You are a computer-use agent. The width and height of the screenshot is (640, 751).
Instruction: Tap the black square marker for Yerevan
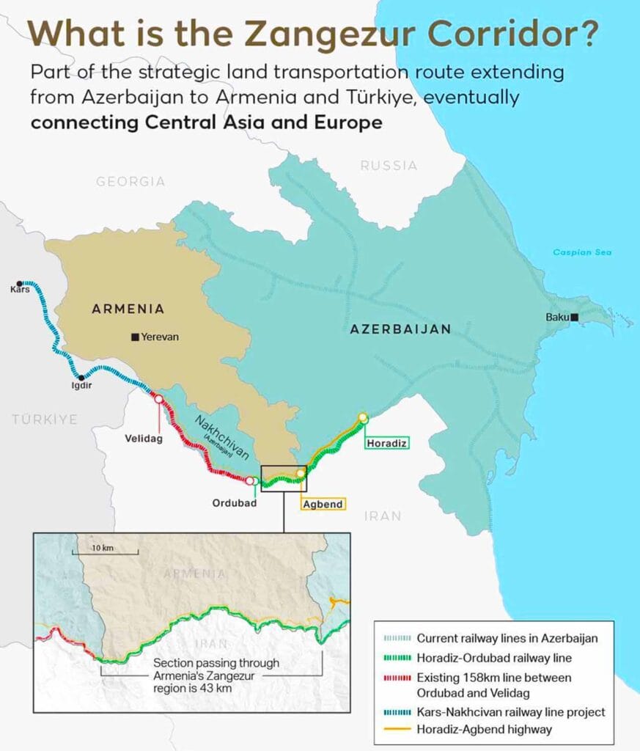coord(135,337)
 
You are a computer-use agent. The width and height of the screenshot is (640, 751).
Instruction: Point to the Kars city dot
coord(20,283)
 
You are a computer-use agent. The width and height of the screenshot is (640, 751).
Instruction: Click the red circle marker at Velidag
coord(158,398)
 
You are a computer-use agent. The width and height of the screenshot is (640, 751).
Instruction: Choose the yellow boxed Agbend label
coord(323,504)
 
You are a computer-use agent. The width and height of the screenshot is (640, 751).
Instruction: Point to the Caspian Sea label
coord(582,253)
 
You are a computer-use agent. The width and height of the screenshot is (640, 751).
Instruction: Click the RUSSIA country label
coord(389,166)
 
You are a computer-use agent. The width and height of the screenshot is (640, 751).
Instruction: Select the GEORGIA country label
coord(131,181)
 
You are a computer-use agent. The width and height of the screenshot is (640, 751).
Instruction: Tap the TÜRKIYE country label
coord(44,420)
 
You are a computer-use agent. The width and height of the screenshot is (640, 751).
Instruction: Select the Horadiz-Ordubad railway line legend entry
coord(494,658)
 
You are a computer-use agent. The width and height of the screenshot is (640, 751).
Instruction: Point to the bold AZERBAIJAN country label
coord(400,329)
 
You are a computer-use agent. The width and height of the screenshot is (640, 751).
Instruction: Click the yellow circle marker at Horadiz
coord(362,417)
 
